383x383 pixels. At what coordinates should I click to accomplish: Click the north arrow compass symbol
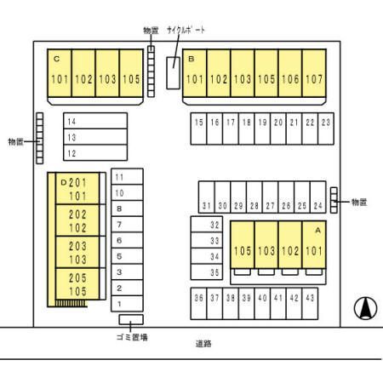pyautogui.click(x=365, y=308)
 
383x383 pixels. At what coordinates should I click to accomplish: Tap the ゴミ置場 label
pyautogui.click(x=132, y=337)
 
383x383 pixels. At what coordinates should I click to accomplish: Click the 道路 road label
pyautogui.click(x=203, y=344)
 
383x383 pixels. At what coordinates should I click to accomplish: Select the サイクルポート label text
pyautogui.click(x=186, y=30)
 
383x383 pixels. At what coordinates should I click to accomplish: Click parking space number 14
pyautogui.click(x=95, y=121)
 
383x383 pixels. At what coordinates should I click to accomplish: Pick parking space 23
pyautogui.click(x=326, y=129)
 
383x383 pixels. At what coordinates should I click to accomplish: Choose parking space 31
pyautogui.click(x=207, y=197)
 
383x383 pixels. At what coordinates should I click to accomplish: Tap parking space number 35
pyautogui.click(x=207, y=272)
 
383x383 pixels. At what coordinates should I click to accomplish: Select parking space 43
pyautogui.click(x=310, y=304)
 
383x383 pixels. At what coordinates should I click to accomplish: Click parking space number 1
pyautogui.click(x=127, y=304)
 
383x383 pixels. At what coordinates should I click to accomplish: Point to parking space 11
pyautogui.click(x=127, y=177)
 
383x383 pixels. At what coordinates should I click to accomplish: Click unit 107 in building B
pyautogui.click(x=314, y=73)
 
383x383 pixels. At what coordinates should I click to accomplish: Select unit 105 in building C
pyautogui.click(x=131, y=73)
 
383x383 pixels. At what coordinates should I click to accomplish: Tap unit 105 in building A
pyautogui.click(x=243, y=244)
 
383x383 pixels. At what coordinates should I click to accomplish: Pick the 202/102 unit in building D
pyautogui.click(x=77, y=220)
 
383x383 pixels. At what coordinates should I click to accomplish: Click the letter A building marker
pyautogui.click(x=318, y=231)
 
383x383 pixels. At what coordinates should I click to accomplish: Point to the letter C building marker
pyautogui.click(x=57, y=59)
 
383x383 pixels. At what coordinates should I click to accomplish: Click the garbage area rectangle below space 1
pyautogui.click(x=131, y=319)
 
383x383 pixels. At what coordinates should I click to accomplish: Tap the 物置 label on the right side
pyautogui.click(x=359, y=202)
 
